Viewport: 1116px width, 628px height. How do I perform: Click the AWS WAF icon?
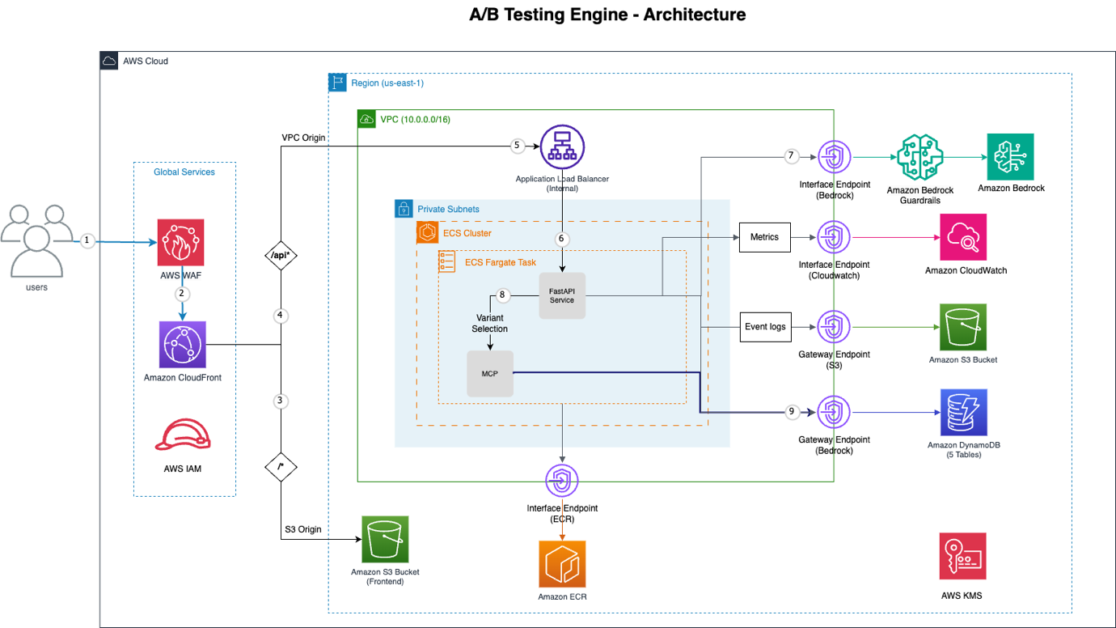(x=181, y=242)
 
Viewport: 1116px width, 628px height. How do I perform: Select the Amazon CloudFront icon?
(x=182, y=344)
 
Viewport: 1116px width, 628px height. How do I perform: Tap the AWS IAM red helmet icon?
(x=184, y=435)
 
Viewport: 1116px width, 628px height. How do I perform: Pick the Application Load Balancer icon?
(x=562, y=147)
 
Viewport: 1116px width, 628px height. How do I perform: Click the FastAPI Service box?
(x=562, y=295)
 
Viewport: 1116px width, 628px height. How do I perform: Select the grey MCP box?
(x=490, y=374)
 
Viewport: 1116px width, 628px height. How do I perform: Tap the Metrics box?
(x=764, y=237)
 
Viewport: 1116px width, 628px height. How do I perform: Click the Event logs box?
(x=764, y=327)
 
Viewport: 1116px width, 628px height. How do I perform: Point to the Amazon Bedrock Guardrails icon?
(x=920, y=158)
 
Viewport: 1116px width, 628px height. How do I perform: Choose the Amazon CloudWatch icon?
(x=963, y=237)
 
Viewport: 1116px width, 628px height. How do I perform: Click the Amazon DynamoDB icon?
(x=963, y=413)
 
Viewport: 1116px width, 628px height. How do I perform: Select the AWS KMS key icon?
(x=962, y=556)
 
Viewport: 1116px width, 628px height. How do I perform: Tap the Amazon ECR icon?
(x=562, y=564)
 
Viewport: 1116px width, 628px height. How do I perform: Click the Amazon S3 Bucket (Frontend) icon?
(x=385, y=539)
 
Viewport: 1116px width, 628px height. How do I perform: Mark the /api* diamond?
(x=281, y=256)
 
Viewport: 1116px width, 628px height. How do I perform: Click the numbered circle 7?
(x=792, y=155)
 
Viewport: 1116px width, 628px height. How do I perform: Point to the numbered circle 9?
(x=792, y=412)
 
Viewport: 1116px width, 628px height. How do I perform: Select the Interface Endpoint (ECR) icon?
(x=562, y=481)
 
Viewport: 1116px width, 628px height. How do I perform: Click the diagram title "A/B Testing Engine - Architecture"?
(x=607, y=15)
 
